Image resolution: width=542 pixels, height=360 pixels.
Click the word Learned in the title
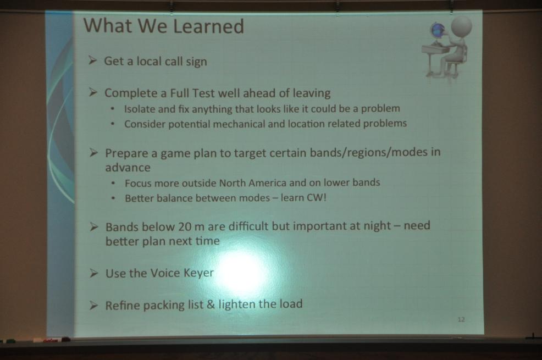coord(208,26)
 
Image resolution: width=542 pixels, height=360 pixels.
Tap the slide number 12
coord(461,319)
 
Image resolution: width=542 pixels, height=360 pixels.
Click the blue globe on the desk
coord(437,30)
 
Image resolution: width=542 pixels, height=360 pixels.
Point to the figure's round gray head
coord(461,26)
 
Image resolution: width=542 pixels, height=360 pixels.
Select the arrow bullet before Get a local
coord(92,60)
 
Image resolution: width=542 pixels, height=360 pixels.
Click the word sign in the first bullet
coord(196,62)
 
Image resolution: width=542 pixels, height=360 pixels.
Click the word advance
coord(128,168)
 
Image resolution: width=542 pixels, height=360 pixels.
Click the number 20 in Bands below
coord(185,227)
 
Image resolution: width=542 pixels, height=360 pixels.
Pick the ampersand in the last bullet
coord(211,304)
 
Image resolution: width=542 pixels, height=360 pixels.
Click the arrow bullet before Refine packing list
coord(93,306)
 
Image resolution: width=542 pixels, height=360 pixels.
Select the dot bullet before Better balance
coord(113,198)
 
